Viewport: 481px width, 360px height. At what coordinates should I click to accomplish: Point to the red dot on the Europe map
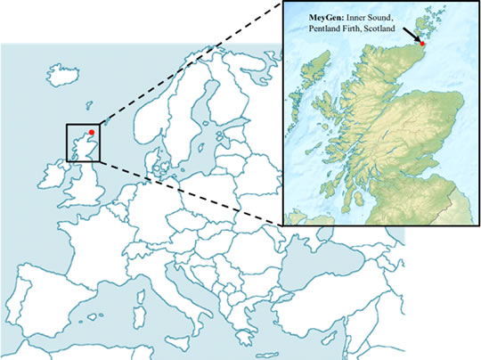click(x=92, y=132)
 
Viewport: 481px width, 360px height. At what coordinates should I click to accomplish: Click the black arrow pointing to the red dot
click(x=412, y=34)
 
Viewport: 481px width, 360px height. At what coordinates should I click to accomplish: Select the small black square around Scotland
click(x=84, y=143)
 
